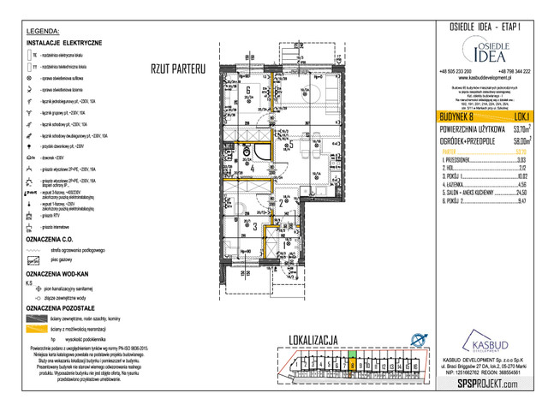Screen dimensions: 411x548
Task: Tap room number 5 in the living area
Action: click(291, 145)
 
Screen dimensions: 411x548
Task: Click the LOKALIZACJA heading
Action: click(320, 337)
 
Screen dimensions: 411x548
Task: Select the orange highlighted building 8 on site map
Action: click(353, 363)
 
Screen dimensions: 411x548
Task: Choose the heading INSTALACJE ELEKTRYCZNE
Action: click(64, 42)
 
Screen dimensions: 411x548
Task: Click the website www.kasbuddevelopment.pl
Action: click(485, 79)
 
